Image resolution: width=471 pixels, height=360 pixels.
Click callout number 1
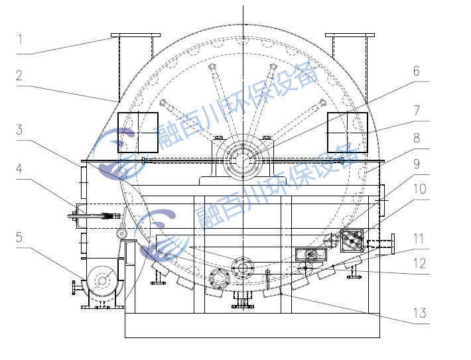(20, 39)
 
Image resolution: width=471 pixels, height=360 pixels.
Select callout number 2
(19, 76)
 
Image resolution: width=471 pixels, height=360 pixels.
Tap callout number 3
(19, 130)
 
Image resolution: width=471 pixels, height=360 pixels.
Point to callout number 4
(19, 168)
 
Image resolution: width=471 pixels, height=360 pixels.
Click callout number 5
(19, 237)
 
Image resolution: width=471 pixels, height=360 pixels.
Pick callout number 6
(417, 71)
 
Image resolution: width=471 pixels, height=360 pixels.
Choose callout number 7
(417, 111)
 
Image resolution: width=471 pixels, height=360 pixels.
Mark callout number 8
(417, 138)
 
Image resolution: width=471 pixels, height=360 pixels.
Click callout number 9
(417, 164)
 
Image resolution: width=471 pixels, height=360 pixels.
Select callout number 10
(420, 189)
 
